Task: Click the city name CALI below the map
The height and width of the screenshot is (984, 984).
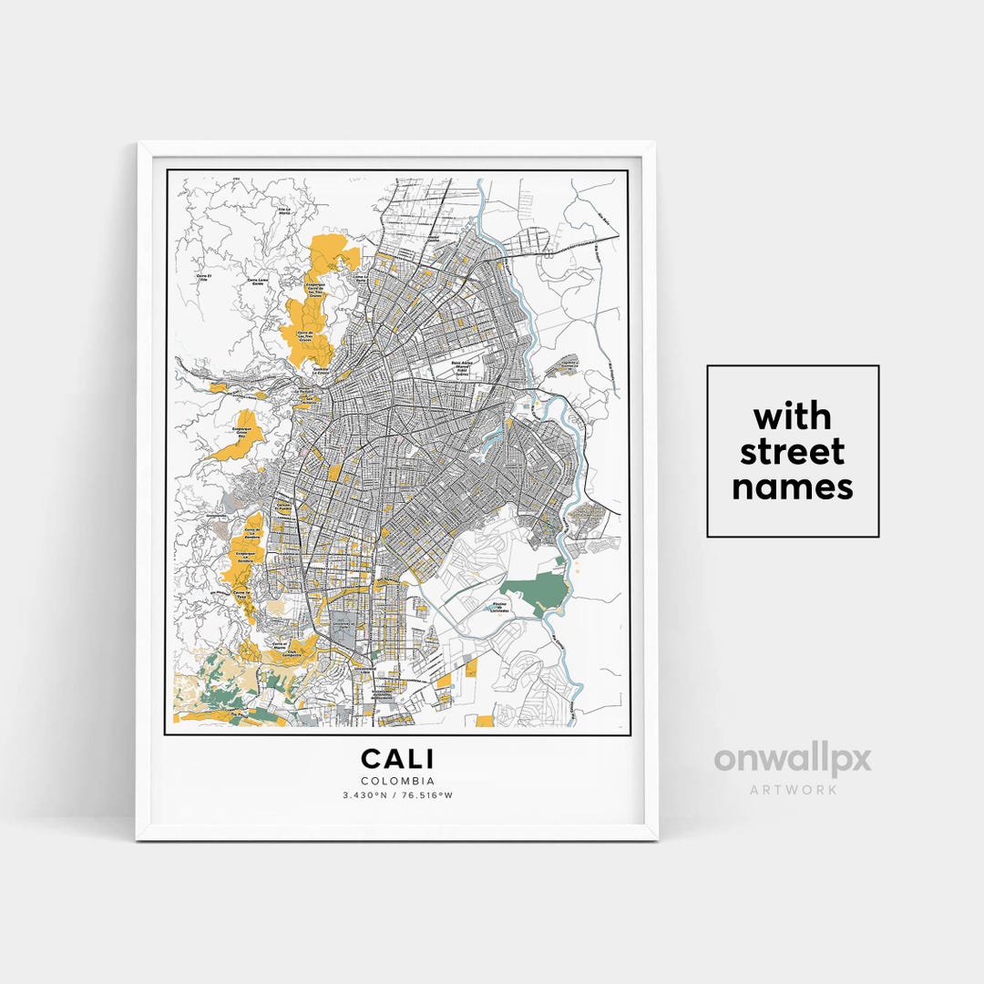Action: [x=397, y=759]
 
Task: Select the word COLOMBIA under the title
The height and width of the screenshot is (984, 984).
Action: [x=397, y=781]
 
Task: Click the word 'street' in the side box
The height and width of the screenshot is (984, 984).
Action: [x=792, y=452]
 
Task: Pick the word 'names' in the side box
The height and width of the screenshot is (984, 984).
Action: [x=792, y=487]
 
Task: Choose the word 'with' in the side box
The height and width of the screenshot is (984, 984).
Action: [x=792, y=417]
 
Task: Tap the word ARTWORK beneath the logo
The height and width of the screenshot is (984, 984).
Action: [x=793, y=790]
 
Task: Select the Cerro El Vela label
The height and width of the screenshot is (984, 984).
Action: [x=204, y=276]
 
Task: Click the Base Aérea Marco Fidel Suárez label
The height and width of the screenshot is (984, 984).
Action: [x=466, y=368]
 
